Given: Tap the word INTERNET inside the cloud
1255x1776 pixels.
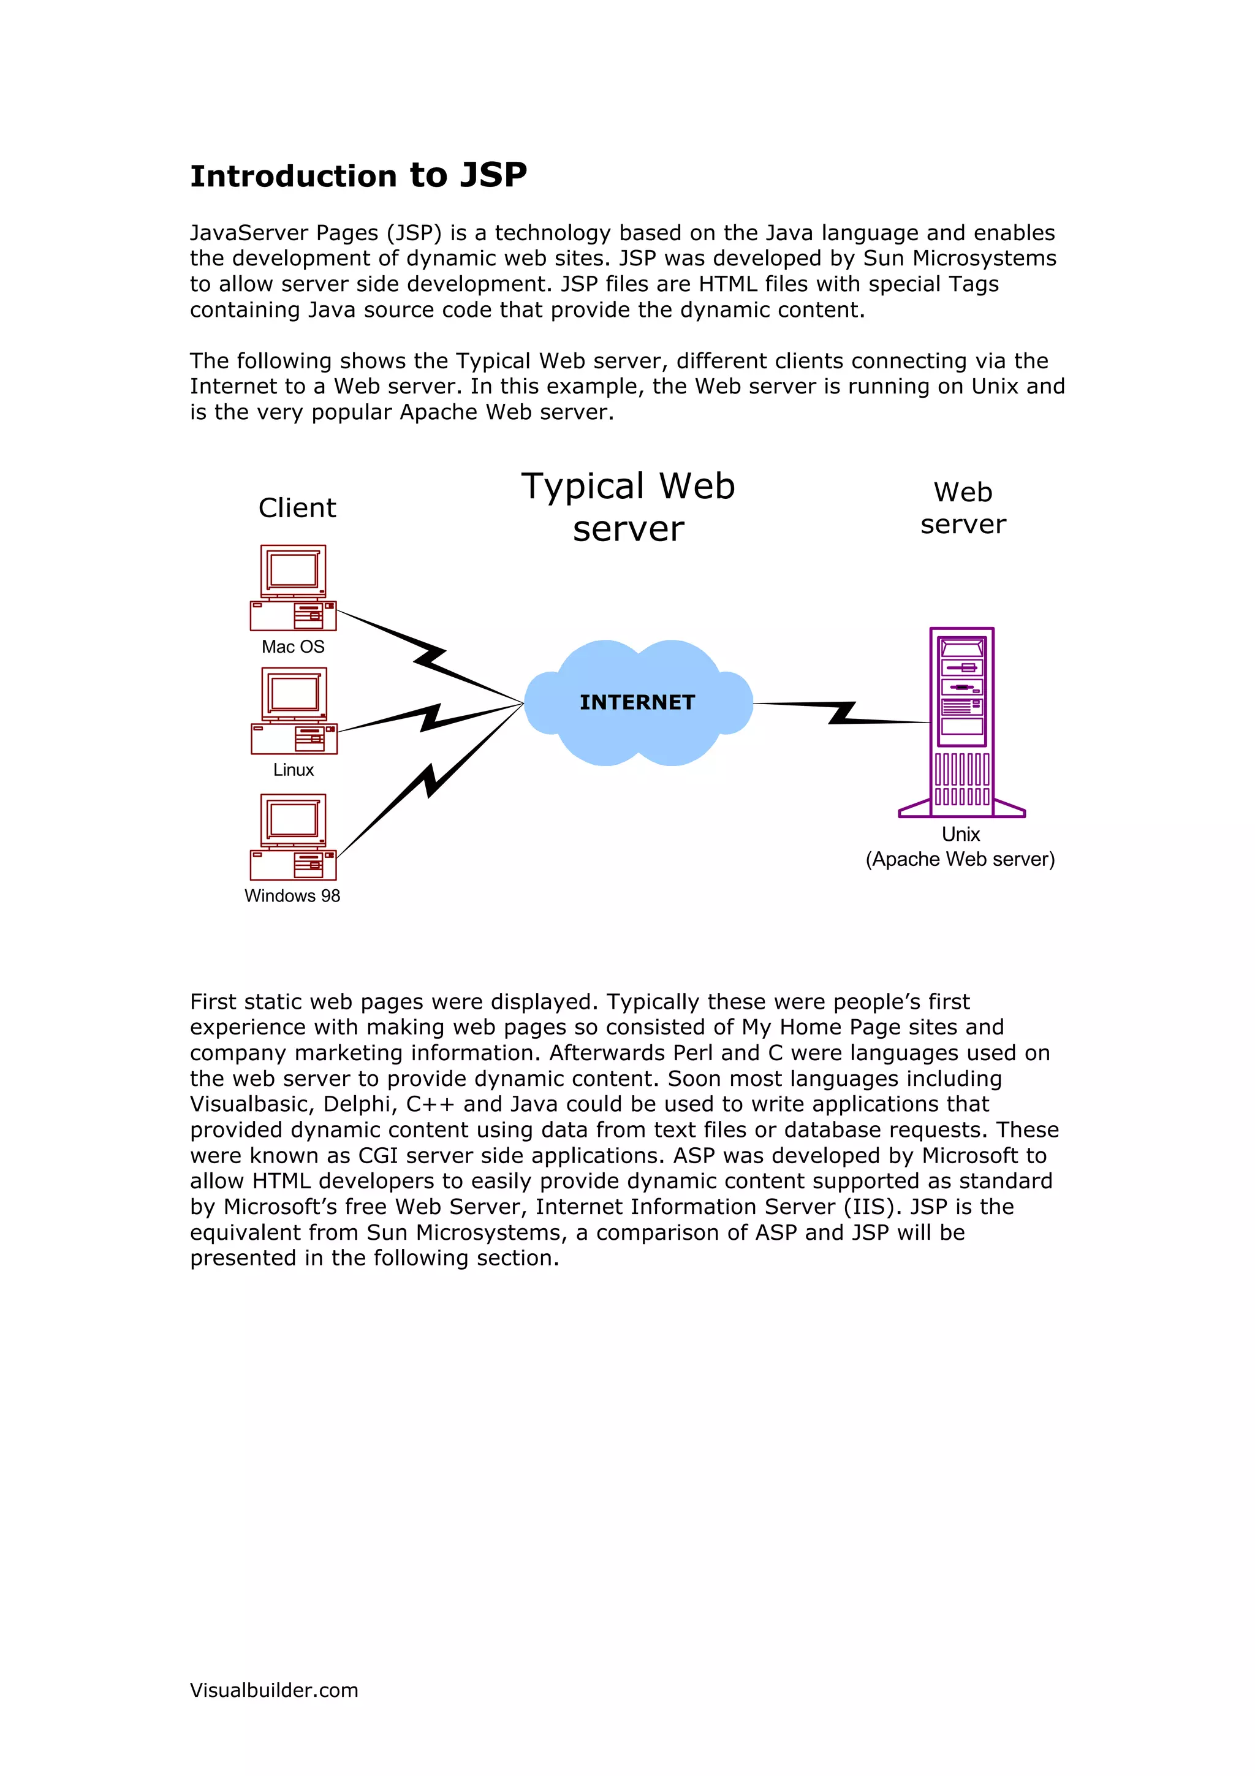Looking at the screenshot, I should tap(637, 702).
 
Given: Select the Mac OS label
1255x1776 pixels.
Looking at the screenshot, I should tap(293, 647).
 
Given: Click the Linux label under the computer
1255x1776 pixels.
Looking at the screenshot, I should tap(293, 770).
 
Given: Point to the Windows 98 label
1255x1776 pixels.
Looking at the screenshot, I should tap(292, 896).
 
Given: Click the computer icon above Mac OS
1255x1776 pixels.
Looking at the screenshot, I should tap(293, 588).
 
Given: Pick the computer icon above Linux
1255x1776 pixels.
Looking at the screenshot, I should tap(294, 711).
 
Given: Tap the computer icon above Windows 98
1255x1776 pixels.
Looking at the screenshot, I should tap(293, 837).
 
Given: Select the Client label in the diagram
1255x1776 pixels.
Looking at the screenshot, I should tap(297, 508).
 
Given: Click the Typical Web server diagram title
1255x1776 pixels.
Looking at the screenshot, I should tap(628, 507).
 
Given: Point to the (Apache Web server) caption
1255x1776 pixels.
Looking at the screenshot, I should tap(960, 859).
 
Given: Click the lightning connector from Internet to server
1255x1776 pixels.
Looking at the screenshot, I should tap(841, 712).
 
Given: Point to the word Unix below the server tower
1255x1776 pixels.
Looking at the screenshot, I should tap(960, 835).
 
